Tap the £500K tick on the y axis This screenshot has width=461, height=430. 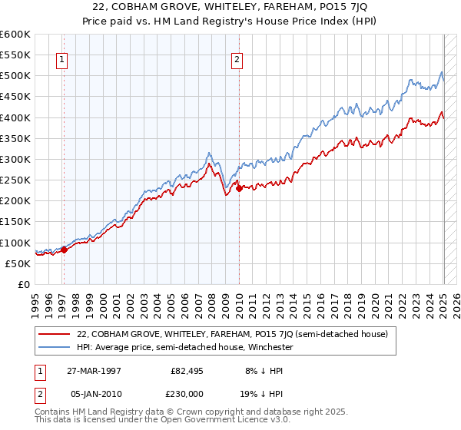(15, 76)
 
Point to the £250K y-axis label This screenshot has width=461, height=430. (15, 180)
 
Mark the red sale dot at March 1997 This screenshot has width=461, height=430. (65, 250)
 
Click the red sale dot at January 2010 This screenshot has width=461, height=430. (239, 188)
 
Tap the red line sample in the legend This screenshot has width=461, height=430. (55, 334)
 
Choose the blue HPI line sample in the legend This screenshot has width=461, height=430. (55, 347)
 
